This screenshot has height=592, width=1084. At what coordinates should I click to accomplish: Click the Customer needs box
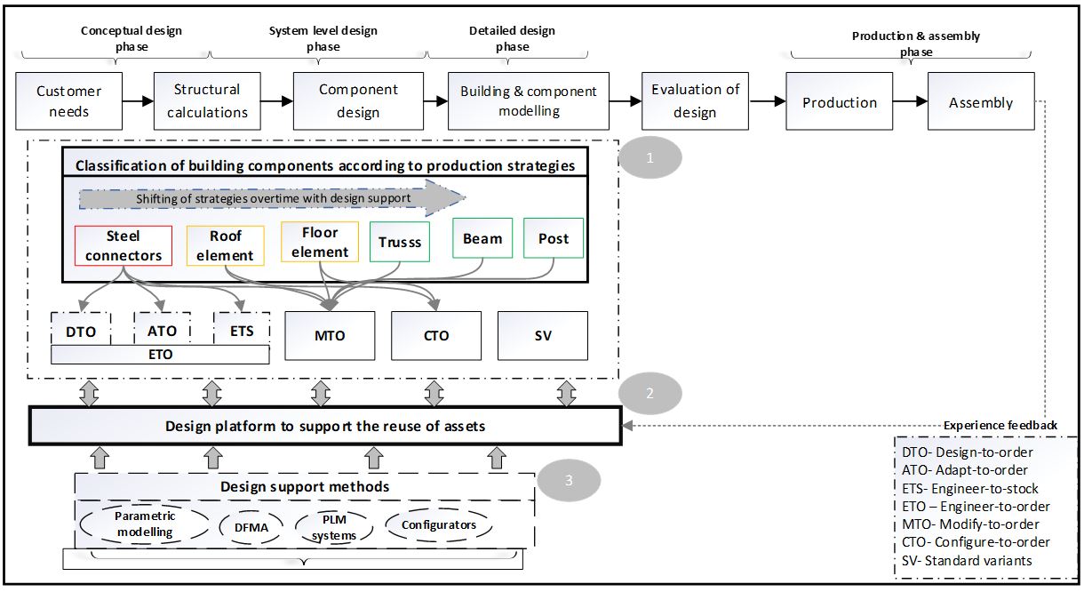[68, 101]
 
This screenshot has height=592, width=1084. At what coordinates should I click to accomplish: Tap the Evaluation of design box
[695, 101]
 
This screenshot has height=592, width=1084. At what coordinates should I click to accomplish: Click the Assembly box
[981, 102]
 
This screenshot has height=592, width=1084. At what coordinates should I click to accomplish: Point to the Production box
[840, 102]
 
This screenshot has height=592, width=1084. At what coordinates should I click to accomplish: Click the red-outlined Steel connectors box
[124, 246]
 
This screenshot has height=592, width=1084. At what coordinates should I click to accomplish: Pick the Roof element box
[226, 246]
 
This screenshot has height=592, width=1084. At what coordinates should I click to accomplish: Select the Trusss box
[400, 242]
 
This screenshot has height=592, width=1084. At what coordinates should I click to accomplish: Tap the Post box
[554, 238]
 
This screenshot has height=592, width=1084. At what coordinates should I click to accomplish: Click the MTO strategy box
[330, 335]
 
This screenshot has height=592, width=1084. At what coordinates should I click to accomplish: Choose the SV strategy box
[542, 335]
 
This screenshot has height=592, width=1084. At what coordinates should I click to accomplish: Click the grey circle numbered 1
[650, 158]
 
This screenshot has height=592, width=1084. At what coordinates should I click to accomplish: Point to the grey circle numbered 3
[569, 480]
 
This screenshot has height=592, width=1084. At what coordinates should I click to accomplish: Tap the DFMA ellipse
[251, 526]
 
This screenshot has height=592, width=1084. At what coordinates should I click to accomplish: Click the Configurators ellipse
[438, 524]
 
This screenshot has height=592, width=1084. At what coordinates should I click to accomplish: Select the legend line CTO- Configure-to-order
[975, 541]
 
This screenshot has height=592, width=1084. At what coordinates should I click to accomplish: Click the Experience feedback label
[1000, 425]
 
